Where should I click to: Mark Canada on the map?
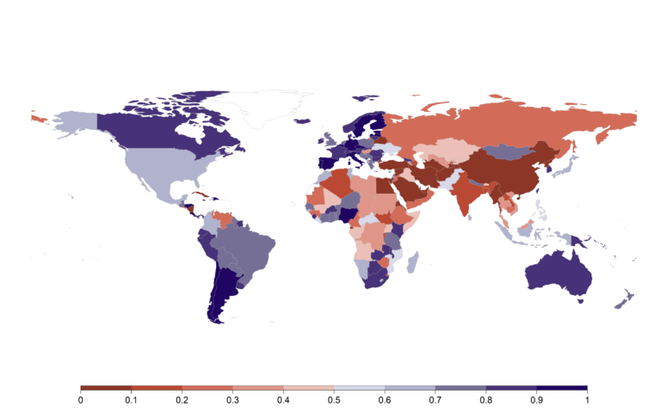tap(164, 129)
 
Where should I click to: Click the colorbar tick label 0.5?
tap(334, 400)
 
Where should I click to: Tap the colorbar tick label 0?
tap(81, 400)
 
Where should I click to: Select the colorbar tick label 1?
tap(587, 400)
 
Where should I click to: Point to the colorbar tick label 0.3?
tap(232, 400)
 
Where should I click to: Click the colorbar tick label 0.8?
tap(485, 400)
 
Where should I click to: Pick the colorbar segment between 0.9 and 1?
tap(561, 388)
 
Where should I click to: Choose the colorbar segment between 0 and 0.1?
tap(106, 388)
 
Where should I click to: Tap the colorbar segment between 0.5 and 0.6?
tap(359, 388)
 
